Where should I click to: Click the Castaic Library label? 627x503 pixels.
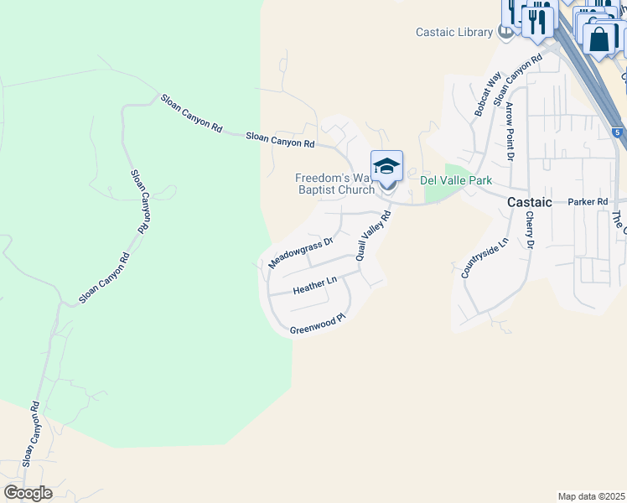pyautogui.click(x=454, y=33)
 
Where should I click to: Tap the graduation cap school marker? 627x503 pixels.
pyautogui.click(x=386, y=166)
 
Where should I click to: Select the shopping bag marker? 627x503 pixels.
pyautogui.click(x=600, y=39)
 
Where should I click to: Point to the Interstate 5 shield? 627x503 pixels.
pyautogui.click(x=617, y=132)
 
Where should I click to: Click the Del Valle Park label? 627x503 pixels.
pyautogui.click(x=455, y=180)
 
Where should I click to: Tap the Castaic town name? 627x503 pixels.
pyautogui.click(x=530, y=203)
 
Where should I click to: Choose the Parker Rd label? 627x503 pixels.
pyautogui.click(x=587, y=203)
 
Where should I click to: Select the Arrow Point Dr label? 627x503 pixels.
pyautogui.click(x=509, y=131)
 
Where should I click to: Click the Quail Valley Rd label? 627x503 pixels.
pyautogui.click(x=374, y=236)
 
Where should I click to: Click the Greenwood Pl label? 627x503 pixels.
pyautogui.click(x=318, y=324)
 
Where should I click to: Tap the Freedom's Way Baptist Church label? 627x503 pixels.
pyautogui.click(x=334, y=184)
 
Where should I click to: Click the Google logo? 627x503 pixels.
pyautogui.click(x=28, y=493)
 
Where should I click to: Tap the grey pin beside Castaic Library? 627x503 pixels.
pyautogui.click(x=505, y=33)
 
